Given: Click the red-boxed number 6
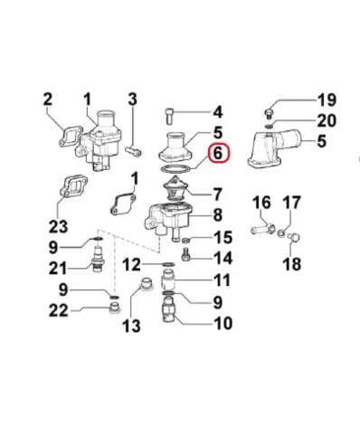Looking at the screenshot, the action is coord(218,154).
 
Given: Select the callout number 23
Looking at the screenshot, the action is coord(59,226).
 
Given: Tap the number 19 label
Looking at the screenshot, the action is coord(327,100).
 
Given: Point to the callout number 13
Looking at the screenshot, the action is coord(131,326).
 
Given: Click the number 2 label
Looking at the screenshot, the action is coord(48,100).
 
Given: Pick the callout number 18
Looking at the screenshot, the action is coord(292,264).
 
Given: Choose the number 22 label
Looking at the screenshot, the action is coord(59,310).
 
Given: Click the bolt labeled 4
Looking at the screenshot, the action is coord(169,116).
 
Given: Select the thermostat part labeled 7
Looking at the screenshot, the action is coord(174,189).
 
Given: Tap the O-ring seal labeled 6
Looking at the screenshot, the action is coord(175,169).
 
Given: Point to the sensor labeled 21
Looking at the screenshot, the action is coord(97,259).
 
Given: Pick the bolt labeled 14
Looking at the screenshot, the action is coord(185,254).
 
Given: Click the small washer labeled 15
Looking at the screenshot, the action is coord(186,241).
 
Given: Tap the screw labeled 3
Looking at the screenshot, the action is coord(133,150).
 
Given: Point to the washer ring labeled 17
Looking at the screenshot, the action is coord(281,232).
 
